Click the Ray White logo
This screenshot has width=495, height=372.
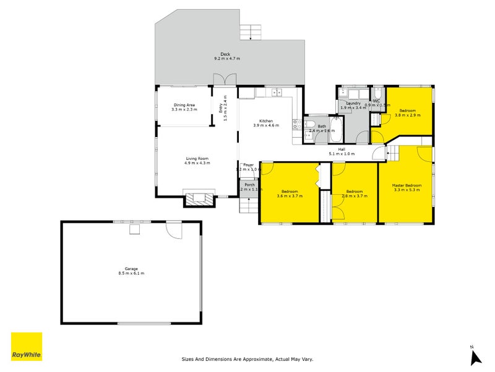27,347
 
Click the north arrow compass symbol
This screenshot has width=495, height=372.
475,356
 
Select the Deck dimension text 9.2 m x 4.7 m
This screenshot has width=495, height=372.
226,58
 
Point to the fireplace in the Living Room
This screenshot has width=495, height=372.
199,198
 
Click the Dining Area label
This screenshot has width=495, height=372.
184,105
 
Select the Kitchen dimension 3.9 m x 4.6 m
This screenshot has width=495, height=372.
266,125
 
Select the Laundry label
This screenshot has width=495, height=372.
353,103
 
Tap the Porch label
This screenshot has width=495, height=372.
249,185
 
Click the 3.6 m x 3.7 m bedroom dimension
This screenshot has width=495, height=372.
290,196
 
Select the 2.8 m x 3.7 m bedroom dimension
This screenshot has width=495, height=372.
355,196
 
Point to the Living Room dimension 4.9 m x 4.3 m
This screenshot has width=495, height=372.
197,163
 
